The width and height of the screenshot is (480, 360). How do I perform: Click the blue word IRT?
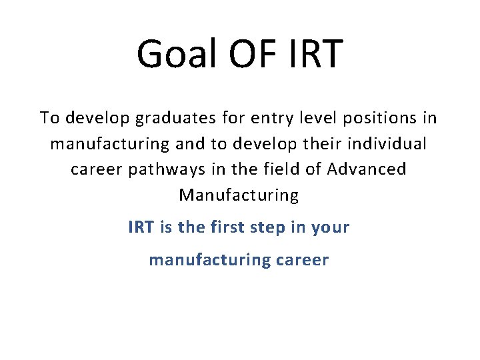(x=140, y=227)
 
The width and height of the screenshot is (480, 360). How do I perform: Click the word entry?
(x=272, y=119)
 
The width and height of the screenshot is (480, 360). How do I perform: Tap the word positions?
(x=381, y=118)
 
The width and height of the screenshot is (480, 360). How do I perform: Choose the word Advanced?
(x=367, y=169)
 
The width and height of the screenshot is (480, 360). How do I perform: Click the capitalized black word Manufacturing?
(x=239, y=195)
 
